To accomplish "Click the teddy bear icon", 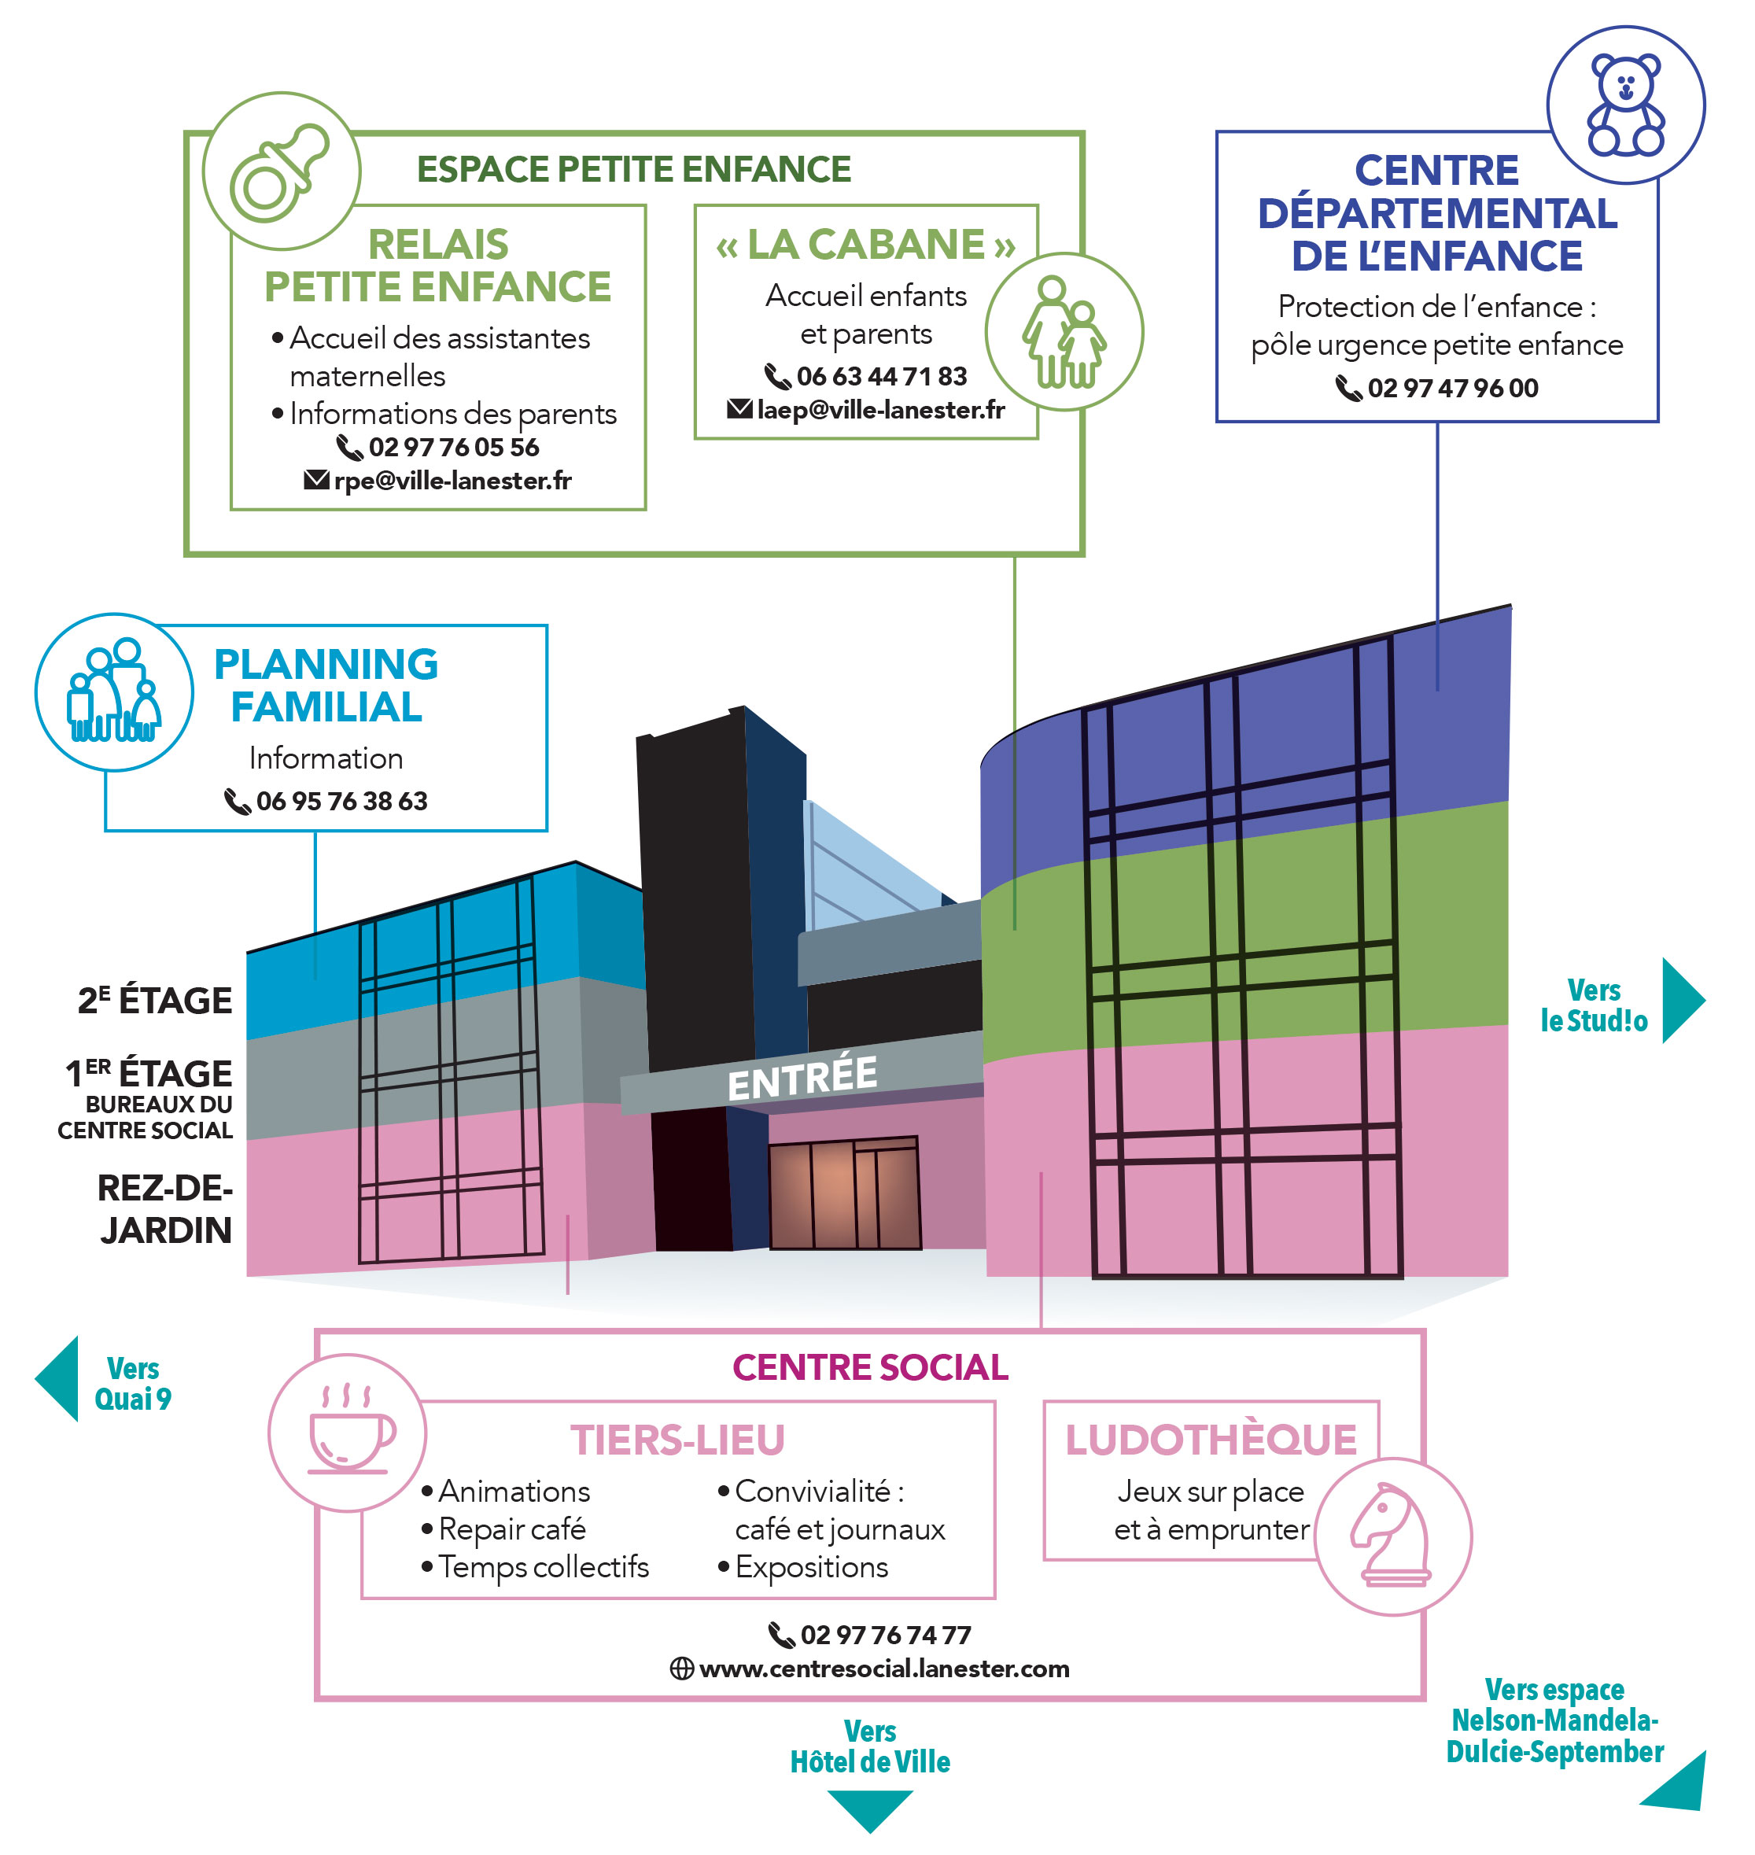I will (1626, 104).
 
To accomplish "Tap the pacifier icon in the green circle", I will (280, 173).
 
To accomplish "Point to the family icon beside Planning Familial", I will (114, 692).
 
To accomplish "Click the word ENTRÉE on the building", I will (802, 1079).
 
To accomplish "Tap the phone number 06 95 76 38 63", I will (341, 802).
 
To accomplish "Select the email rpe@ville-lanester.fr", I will (452, 481).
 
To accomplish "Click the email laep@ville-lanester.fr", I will (879, 410).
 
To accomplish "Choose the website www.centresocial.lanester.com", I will (883, 1669).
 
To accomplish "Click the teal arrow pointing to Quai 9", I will (59, 1379).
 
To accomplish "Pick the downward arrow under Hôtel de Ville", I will (869, 1809).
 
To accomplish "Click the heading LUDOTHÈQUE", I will (1211, 1440).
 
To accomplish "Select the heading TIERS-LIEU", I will (677, 1440).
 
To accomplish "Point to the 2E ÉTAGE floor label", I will (155, 1001).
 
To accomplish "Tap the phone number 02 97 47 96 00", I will (1452, 388).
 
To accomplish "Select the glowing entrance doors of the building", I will (844, 1194).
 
